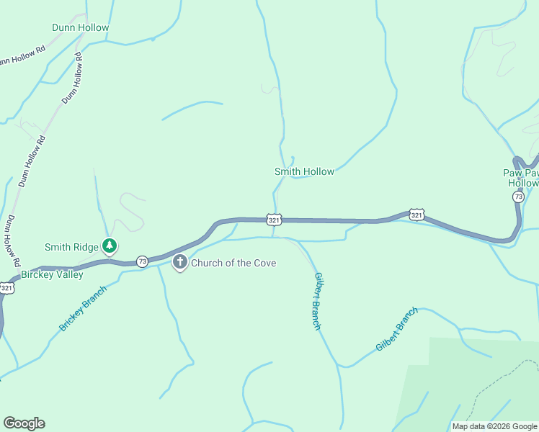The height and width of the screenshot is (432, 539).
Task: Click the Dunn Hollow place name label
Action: tap(80, 28)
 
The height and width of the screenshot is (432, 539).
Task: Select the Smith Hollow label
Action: tap(304, 171)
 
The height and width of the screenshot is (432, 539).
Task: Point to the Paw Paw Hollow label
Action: tap(520, 178)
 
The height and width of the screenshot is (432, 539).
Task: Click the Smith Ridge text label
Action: tap(71, 247)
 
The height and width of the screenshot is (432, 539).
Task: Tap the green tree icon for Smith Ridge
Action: tap(109, 246)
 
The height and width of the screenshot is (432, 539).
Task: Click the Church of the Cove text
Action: tap(233, 263)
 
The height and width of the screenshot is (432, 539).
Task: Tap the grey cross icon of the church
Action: tap(180, 263)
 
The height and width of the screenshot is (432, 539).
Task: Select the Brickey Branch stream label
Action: tap(83, 308)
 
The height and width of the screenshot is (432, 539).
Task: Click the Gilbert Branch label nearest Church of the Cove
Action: tap(316, 301)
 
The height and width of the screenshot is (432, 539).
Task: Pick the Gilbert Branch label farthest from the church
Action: tap(396, 329)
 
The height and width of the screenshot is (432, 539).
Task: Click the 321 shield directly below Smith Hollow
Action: tap(273, 219)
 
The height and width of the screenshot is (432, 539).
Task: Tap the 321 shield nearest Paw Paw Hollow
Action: tap(416, 214)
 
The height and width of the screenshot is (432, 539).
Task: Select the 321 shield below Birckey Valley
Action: tap(6, 288)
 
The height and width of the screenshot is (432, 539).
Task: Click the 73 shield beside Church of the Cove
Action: tap(142, 261)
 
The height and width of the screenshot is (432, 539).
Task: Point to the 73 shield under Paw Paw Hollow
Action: tap(518, 197)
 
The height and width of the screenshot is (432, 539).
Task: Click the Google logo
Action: tap(24, 423)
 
